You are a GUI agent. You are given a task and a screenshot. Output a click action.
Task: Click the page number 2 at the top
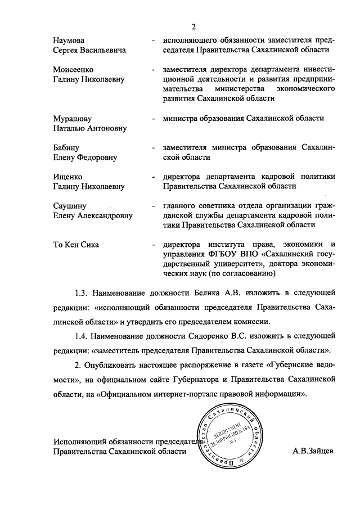tap(192, 26)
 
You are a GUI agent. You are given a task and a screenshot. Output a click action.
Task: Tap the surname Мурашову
tap(72, 119)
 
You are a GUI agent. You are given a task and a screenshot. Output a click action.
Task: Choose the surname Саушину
tap(71, 206)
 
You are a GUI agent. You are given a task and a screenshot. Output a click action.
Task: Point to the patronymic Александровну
tap(106, 215)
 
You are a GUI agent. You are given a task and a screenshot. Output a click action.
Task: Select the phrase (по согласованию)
tap(241, 274)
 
